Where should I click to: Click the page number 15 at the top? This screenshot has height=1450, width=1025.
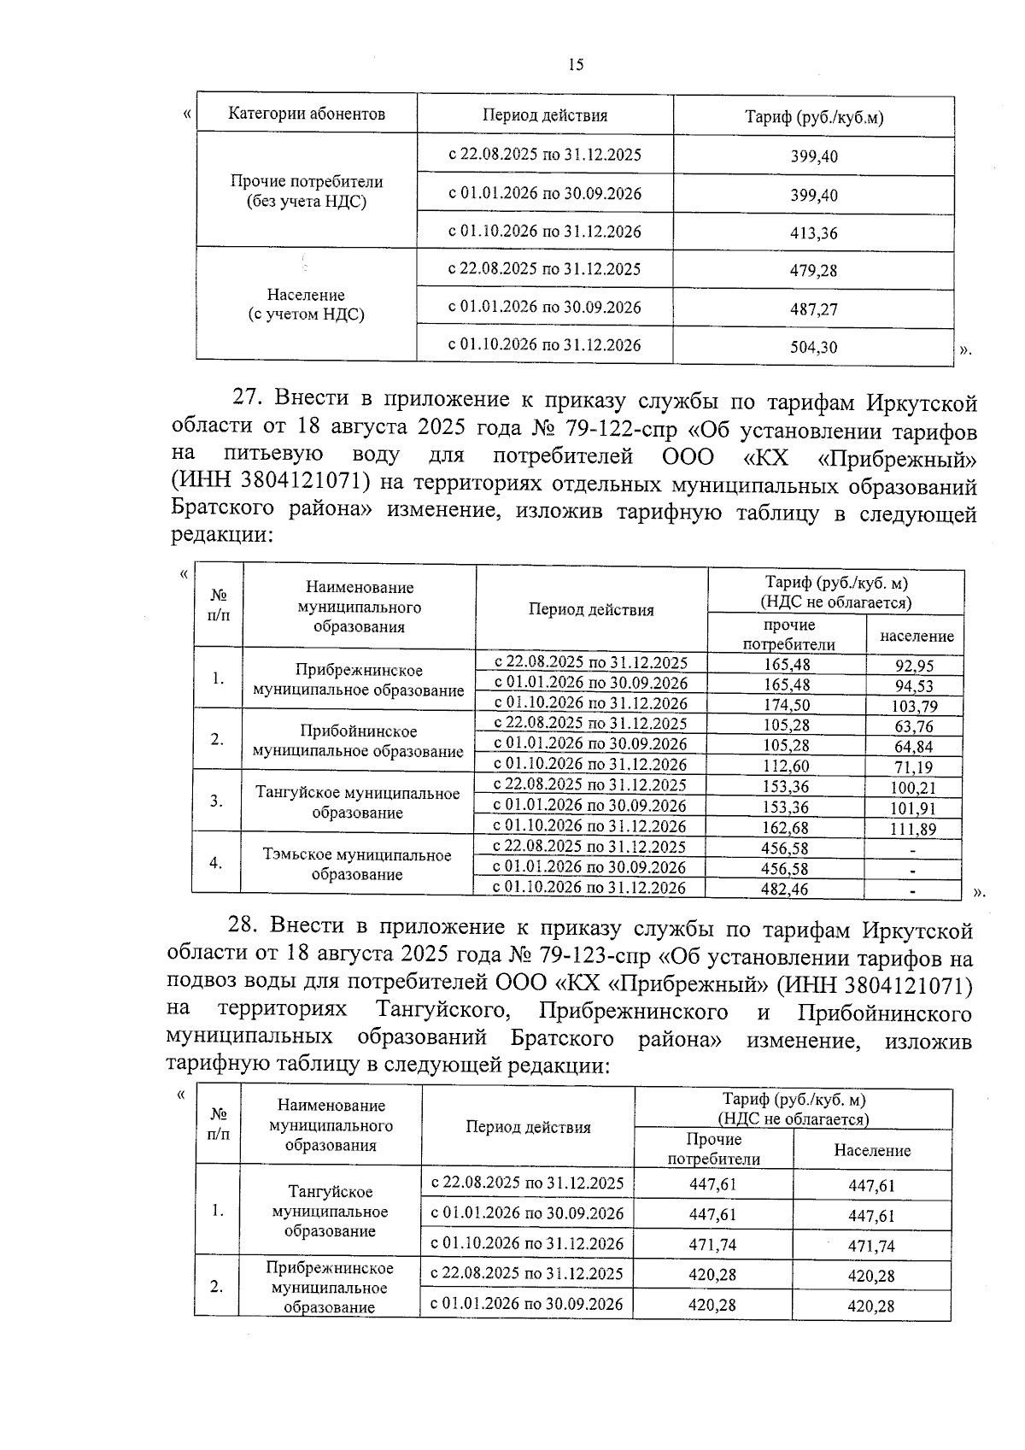point(576,65)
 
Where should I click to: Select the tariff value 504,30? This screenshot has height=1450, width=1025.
point(813,348)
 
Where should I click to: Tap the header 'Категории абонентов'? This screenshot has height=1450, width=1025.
point(307,114)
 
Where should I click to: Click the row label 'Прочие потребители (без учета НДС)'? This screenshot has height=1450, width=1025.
point(307,192)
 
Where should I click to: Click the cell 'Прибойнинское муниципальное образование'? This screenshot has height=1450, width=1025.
point(358,741)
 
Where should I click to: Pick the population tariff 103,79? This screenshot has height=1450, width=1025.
point(914,706)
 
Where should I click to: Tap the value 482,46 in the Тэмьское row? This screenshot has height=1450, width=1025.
point(784,889)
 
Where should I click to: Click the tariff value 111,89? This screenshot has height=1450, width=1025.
point(914,829)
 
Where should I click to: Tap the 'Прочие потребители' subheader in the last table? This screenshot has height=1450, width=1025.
point(713,1149)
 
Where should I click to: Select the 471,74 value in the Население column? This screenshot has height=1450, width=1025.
point(871,1246)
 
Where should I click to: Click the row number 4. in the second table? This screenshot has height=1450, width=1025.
point(216,863)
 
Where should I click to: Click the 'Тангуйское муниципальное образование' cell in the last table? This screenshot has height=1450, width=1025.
point(331,1212)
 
